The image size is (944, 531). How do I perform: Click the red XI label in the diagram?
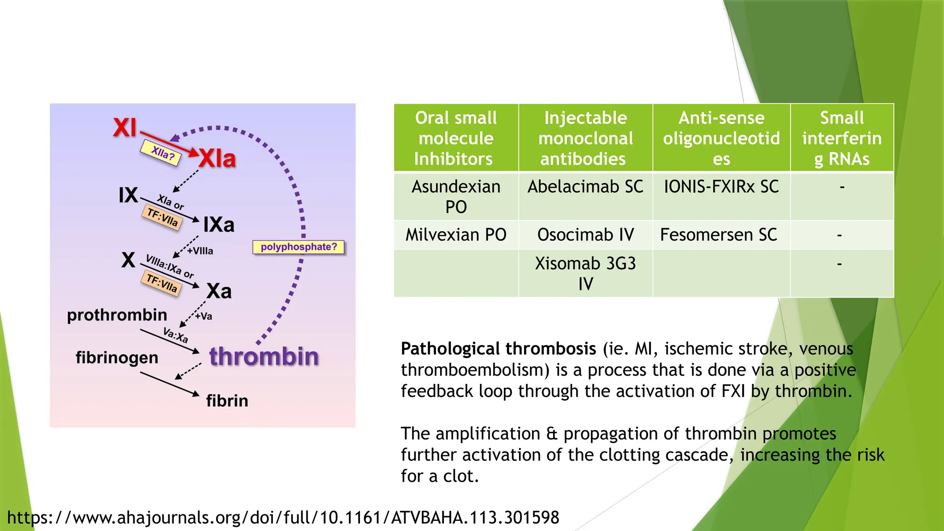coord(125,128)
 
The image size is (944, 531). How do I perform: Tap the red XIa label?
coord(217,159)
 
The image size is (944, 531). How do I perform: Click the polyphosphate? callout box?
coord(299,247)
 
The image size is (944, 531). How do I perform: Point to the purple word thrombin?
coord(264,357)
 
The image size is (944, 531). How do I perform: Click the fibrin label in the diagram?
coord(227,401)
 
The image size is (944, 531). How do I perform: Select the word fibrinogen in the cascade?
coord(117,358)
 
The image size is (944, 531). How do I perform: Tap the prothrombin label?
coord(117,315)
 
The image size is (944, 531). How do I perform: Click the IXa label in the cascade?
coord(219,225)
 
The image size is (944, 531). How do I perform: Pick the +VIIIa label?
coord(200,251)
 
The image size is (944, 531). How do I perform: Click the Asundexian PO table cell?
coord(456,196)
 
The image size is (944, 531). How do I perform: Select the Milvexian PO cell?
coord(456,235)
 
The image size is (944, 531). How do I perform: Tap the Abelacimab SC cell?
coord(585,187)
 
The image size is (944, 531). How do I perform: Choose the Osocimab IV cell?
coord(585,235)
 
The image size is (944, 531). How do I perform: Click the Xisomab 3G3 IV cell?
coord(585,273)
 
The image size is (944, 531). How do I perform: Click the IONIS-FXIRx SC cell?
coord(721,187)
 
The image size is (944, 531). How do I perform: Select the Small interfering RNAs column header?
coord(842,138)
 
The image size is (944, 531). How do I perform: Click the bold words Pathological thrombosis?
coord(498,349)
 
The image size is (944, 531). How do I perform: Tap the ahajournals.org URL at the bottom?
coord(283,518)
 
